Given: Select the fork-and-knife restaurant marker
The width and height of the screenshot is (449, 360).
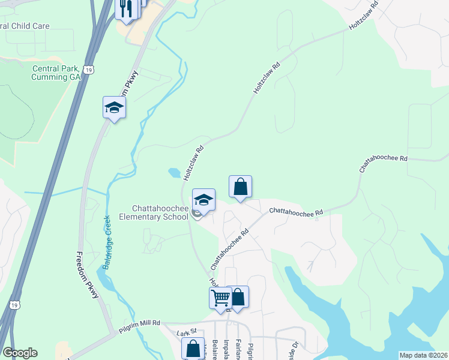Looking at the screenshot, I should coord(127,8).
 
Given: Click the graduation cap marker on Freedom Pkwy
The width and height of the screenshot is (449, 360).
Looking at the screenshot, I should coord(114,108).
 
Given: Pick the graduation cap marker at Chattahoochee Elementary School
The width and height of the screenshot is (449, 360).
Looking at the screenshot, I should coord(203,200).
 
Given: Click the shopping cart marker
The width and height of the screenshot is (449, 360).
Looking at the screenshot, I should coord(220,298).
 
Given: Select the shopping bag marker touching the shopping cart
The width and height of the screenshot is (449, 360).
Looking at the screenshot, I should coord(238,297).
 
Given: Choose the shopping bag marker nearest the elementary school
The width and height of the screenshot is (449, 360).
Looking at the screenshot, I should coord(240,187).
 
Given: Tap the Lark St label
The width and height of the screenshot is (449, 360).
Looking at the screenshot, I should coord(187,332).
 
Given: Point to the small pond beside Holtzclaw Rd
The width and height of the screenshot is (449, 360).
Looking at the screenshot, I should coord(174,173).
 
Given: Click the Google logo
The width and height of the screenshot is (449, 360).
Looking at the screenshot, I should coord(20,353).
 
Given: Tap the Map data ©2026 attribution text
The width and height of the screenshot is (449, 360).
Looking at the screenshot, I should coord(423,355).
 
